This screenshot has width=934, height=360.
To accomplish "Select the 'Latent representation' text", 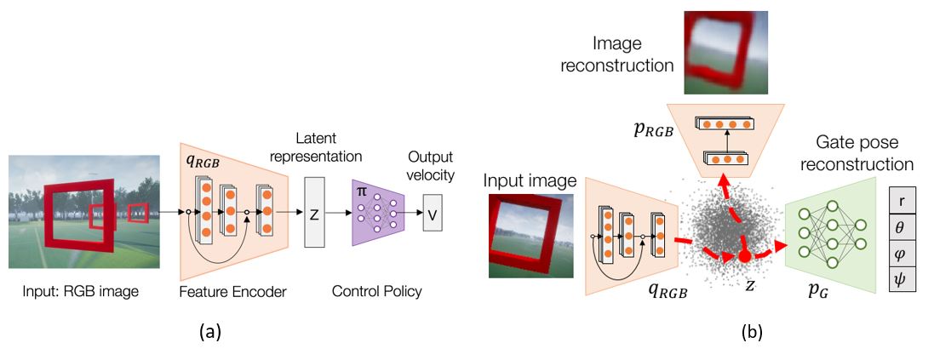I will tap(329, 147).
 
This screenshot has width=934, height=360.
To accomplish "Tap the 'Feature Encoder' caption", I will tap(232, 292).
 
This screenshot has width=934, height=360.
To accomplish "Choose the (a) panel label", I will tap(209, 332).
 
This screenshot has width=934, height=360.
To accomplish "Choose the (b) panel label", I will tap(750, 332).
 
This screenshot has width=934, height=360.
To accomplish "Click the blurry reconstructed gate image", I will tap(726, 53).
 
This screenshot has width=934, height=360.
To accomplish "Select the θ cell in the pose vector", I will tap(902, 227).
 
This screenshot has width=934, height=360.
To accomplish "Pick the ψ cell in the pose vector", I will tap(902, 278).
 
